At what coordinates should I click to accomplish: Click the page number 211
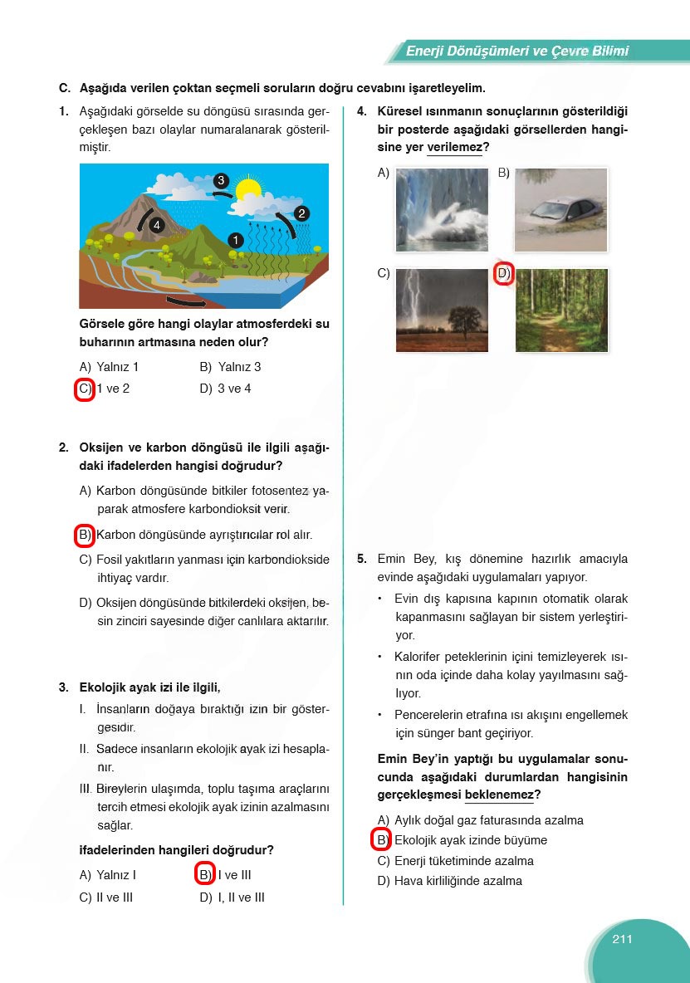(622, 939)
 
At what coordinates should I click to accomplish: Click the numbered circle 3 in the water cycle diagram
(220, 180)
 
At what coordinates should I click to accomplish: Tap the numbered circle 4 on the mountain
(157, 225)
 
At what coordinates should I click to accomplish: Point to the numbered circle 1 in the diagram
(235, 240)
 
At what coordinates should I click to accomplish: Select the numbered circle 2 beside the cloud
(301, 213)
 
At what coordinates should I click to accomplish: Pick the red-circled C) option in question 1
(84, 389)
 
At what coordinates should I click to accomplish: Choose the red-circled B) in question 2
(84, 536)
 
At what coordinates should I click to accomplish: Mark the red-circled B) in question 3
(205, 875)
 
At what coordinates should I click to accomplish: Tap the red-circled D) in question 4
(503, 273)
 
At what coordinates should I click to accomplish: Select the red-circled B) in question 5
(381, 840)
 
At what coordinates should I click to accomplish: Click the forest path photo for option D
(561, 311)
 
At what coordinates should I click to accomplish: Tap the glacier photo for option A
(442, 210)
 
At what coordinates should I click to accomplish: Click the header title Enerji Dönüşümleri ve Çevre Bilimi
(516, 51)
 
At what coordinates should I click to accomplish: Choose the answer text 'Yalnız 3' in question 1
(239, 367)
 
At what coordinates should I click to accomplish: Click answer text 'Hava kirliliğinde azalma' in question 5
(458, 881)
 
